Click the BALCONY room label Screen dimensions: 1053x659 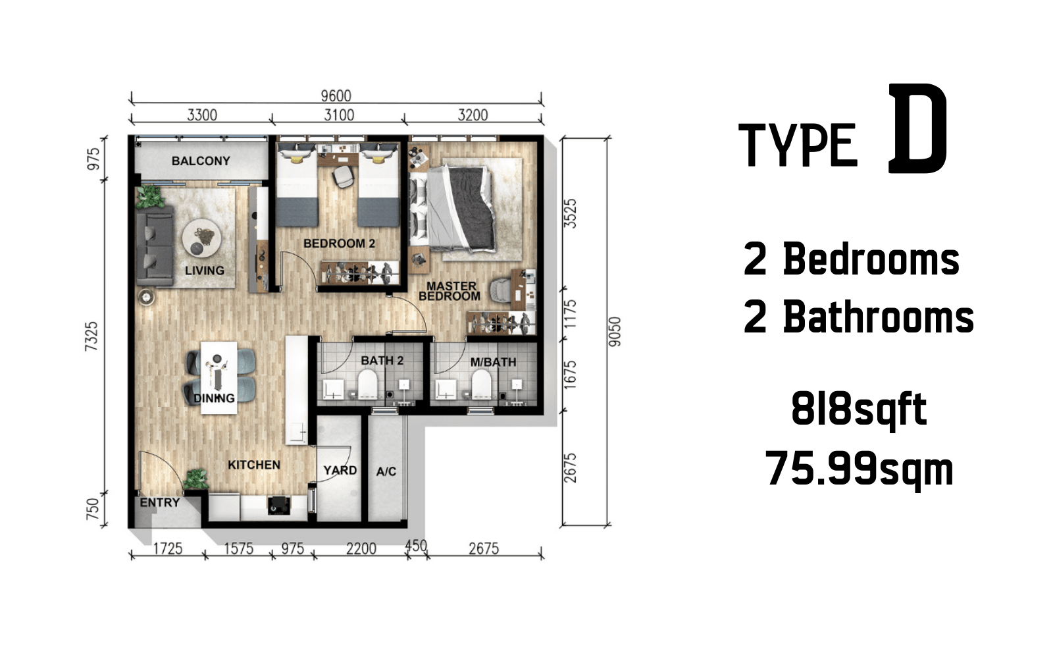pyautogui.click(x=201, y=161)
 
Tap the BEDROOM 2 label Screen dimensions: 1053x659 pyautogui.click(x=339, y=243)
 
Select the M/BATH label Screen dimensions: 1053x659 pyautogui.click(x=493, y=362)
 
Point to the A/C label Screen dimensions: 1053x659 pyautogui.click(x=386, y=471)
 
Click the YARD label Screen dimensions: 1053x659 pyautogui.click(x=340, y=470)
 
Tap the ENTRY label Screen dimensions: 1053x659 pyautogui.click(x=160, y=502)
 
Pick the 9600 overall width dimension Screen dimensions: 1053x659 pyautogui.click(x=336, y=96)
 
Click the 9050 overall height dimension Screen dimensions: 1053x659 pyautogui.click(x=615, y=332)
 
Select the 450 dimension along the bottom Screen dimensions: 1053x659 pyautogui.click(x=416, y=546)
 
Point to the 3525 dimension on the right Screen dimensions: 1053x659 pyautogui.click(x=570, y=213)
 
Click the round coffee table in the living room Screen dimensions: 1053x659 pyautogui.click(x=201, y=238)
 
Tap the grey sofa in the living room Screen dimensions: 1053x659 pyautogui.click(x=155, y=246)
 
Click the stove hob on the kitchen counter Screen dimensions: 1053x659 pyautogui.click(x=279, y=506)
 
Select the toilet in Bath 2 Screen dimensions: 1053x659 pyautogui.click(x=368, y=383)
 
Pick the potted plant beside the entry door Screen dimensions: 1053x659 pyautogui.click(x=196, y=479)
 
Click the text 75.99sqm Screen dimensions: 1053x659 pyautogui.click(x=859, y=468)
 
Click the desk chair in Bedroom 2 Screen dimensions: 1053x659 pyautogui.click(x=343, y=176)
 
